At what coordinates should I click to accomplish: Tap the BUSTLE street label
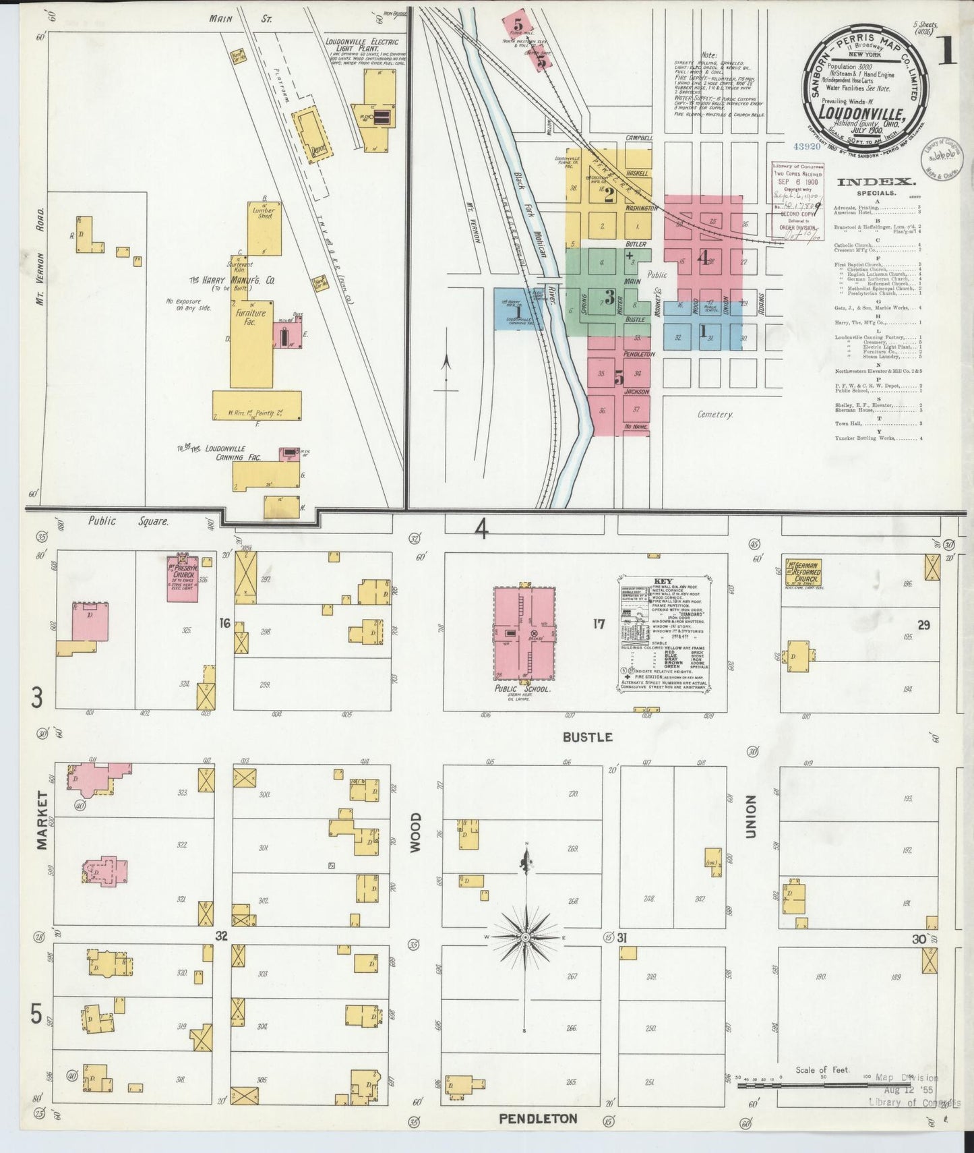click(x=587, y=738)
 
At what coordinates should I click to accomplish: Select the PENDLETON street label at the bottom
click(x=538, y=1119)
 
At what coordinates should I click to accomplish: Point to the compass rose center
click(x=524, y=938)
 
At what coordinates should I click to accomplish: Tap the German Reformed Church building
click(x=803, y=571)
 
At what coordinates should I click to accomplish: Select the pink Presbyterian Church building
click(x=183, y=578)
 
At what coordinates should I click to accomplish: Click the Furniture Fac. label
click(x=250, y=317)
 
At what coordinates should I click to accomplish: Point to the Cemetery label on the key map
click(x=715, y=415)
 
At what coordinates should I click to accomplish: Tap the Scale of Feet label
click(x=821, y=1070)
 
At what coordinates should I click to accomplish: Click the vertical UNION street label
click(x=751, y=817)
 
